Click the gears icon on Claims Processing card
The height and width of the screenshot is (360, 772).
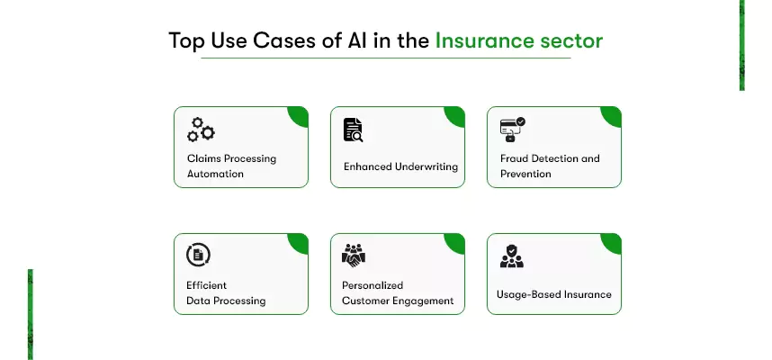(201, 130)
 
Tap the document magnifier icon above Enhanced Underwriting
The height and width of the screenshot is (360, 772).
(353, 130)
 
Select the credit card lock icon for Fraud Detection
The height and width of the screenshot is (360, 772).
(513, 130)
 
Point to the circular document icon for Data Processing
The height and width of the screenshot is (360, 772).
(198, 255)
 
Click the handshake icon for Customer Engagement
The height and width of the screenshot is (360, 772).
(354, 256)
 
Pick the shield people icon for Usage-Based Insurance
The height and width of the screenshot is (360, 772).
(512, 256)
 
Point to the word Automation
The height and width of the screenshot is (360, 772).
(215, 174)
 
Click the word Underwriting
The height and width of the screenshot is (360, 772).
(426, 166)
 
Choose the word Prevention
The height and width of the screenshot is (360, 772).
(525, 174)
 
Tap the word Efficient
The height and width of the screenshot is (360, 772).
(206, 285)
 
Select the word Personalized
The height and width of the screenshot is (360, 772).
(373, 285)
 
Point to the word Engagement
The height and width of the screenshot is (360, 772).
(423, 301)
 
